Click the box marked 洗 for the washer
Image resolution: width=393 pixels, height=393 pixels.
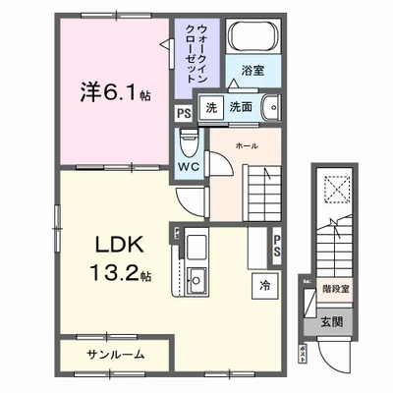point(210,108)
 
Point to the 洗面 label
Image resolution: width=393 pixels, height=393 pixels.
point(241,108)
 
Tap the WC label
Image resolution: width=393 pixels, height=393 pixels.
point(189,168)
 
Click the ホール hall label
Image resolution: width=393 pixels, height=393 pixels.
point(247,144)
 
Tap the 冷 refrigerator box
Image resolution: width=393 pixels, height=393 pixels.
point(264,286)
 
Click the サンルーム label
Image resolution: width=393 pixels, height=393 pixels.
point(112,354)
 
